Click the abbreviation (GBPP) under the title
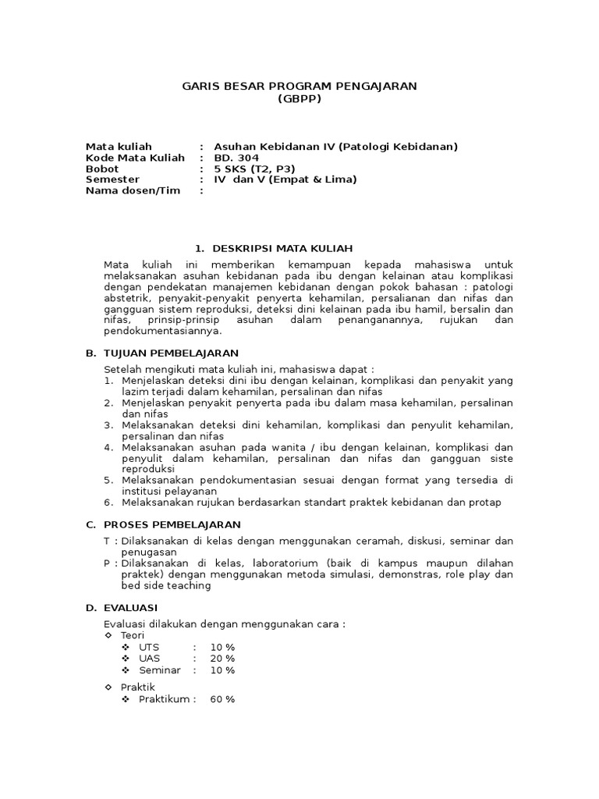point(299,99)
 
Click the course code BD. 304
point(236,158)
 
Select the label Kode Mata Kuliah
point(135,158)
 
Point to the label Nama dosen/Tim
point(133,190)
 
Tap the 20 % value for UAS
point(222,659)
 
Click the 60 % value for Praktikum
point(222,699)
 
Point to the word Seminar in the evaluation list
point(160,670)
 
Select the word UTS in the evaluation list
point(149,647)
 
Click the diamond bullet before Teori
point(108,636)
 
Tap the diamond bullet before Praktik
point(108,687)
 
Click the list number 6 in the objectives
point(108,502)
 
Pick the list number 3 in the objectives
point(108,425)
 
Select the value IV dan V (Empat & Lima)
point(285,179)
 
